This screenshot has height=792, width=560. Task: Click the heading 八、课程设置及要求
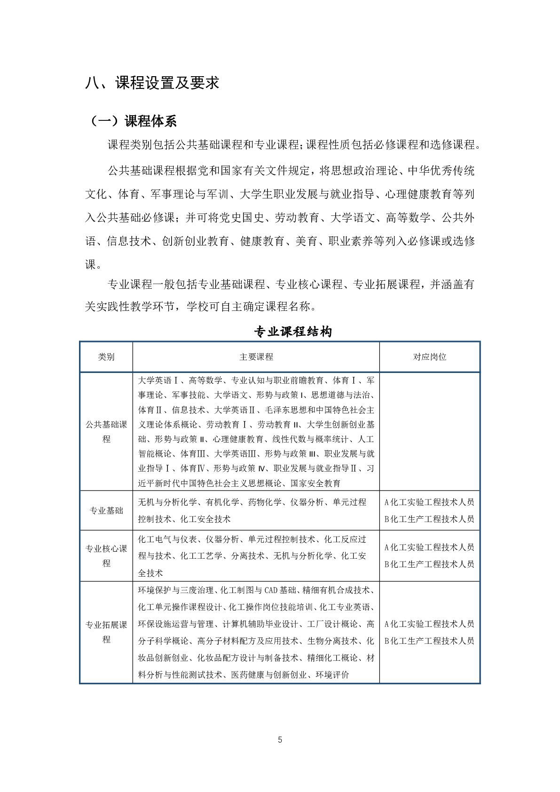point(152,83)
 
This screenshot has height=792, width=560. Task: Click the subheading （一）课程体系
point(133,121)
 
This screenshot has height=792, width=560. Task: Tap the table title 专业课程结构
point(293,332)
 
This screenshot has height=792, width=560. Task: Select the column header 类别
point(106,357)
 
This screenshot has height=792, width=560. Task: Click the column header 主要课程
point(256,357)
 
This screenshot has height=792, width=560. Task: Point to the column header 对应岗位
point(430,357)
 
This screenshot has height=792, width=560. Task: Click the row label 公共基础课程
point(106,432)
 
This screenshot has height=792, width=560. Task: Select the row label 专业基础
point(106,511)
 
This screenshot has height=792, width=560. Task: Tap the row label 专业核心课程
point(106,556)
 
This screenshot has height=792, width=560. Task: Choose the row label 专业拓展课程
point(106,632)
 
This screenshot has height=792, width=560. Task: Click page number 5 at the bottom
point(280,740)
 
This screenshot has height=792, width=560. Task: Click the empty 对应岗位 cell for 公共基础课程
point(430,432)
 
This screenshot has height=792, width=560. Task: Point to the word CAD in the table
point(271,590)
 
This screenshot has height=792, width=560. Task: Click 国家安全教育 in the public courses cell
point(315,483)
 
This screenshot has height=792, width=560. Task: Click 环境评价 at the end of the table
point(332,675)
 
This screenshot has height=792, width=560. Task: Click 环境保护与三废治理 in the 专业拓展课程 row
point(176,590)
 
